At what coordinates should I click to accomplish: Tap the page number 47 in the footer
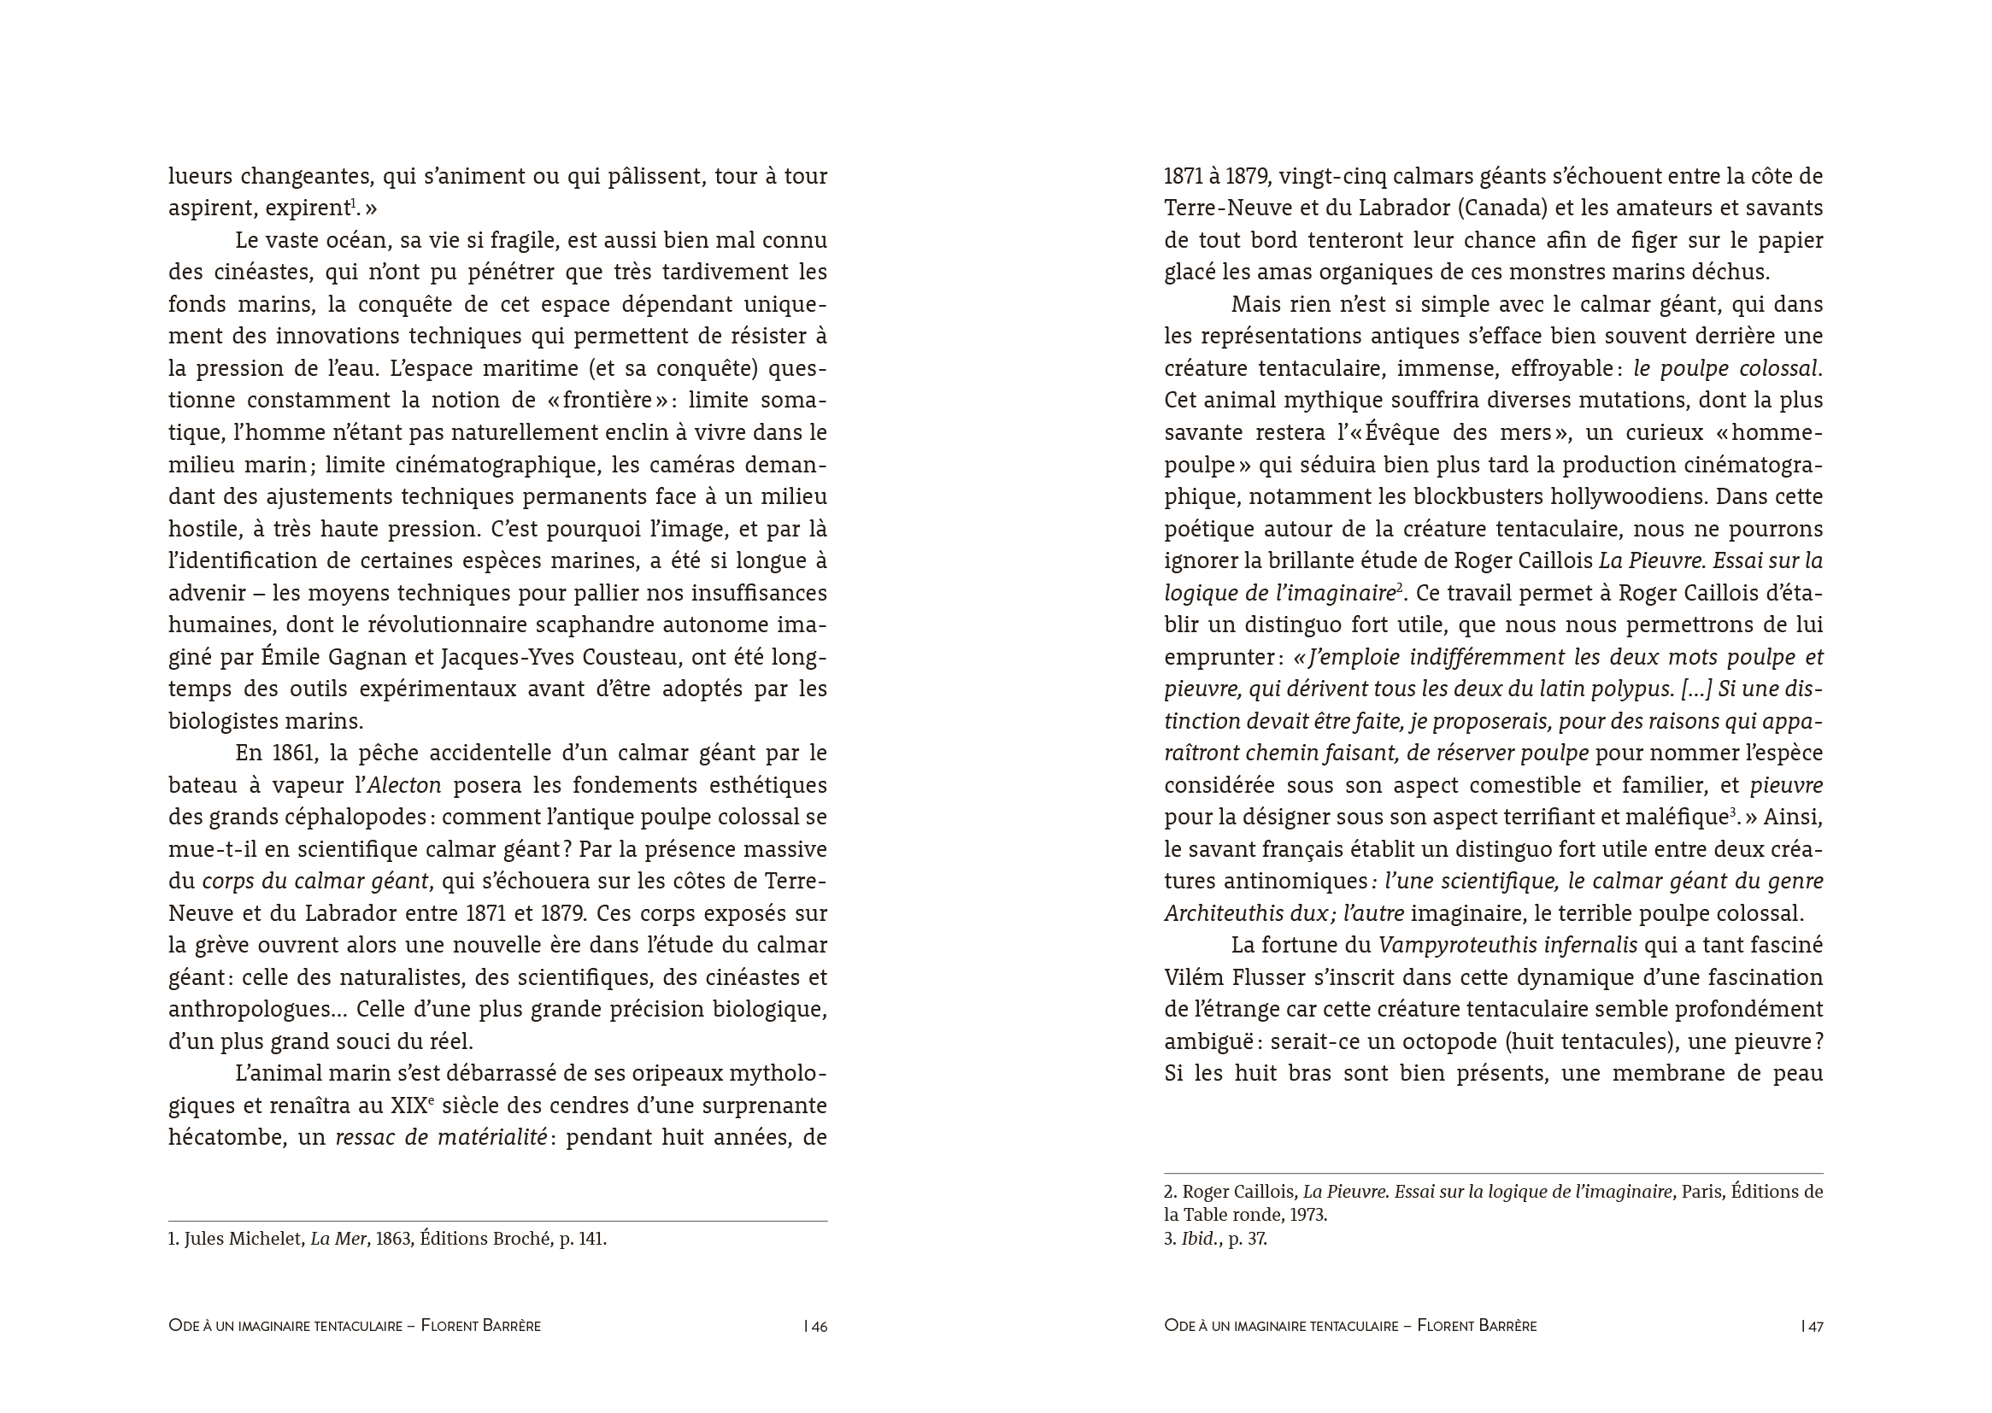(x=1816, y=1327)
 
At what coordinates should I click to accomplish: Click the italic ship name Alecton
(x=404, y=786)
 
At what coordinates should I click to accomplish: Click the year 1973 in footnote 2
(x=1308, y=1216)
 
